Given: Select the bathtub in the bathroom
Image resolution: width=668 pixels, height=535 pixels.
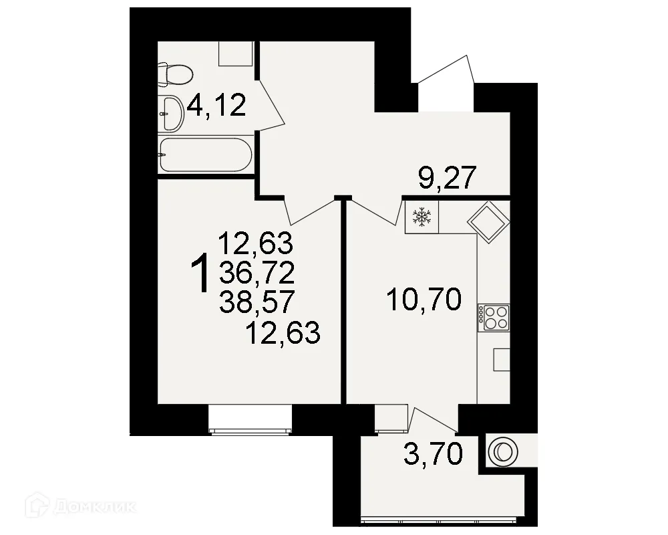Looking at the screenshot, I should click(x=206, y=155).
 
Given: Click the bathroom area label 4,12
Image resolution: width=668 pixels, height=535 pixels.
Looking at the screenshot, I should click(x=217, y=105).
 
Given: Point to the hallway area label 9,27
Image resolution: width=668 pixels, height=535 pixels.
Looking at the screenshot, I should click(x=447, y=179).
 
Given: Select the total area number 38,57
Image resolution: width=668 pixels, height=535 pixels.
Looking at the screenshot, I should click(x=256, y=303).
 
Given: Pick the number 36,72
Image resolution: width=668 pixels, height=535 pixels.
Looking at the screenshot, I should click(x=256, y=273).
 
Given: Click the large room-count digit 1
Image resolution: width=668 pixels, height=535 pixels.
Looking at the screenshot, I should click(x=201, y=274).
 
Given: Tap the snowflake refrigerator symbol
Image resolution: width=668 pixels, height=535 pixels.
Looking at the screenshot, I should click(x=422, y=216).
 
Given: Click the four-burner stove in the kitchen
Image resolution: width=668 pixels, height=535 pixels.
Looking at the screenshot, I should click(x=494, y=317).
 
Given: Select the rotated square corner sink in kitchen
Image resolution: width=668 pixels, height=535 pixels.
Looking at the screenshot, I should click(x=488, y=221).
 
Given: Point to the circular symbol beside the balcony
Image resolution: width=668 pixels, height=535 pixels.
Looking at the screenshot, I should click(x=502, y=452).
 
